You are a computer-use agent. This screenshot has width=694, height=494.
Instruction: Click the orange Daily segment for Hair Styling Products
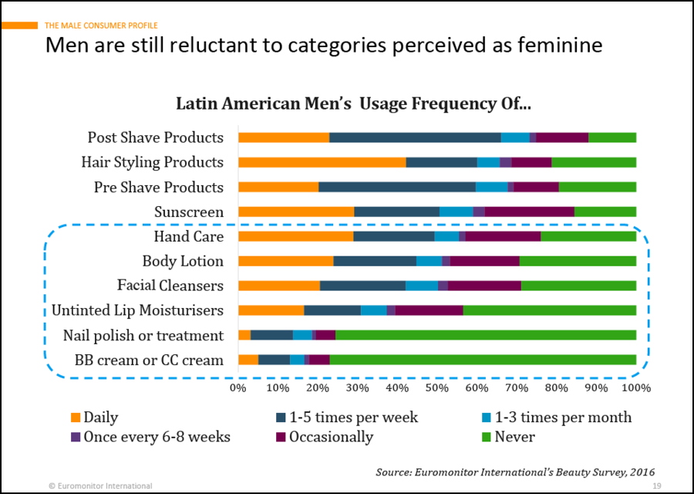coord(322,162)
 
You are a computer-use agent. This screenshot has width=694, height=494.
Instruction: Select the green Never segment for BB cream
coord(483,360)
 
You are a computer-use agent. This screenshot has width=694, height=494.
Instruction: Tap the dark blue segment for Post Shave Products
coord(415,137)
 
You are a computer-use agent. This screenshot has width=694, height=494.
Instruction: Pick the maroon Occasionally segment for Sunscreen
coord(529,211)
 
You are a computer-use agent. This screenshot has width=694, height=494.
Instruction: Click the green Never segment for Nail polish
coord(486,335)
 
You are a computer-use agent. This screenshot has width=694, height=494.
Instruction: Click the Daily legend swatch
coord(76,418)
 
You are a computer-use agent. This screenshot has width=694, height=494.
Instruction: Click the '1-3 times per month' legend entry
coord(554,418)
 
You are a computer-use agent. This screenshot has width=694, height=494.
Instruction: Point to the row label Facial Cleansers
coord(170,286)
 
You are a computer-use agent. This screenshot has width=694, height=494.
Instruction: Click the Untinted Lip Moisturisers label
coord(137,310)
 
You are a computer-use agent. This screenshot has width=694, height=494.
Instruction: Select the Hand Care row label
coord(188,236)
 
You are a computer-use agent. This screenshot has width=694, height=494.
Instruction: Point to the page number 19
coord(656,486)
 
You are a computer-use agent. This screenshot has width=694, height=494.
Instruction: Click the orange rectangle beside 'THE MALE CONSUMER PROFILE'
coord(19,25)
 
